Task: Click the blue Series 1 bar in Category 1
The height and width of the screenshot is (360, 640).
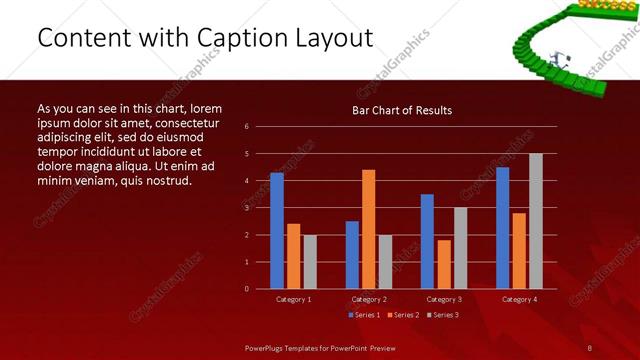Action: [276, 231]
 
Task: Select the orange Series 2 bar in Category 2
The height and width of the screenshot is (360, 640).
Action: [368, 229]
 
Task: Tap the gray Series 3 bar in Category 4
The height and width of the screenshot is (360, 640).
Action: [535, 221]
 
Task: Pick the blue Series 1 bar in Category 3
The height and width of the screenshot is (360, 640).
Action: [427, 241]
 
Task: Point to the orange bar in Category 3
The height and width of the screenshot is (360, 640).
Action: [444, 264]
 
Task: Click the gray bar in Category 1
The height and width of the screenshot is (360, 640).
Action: [310, 262]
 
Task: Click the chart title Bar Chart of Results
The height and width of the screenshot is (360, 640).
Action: [402, 110]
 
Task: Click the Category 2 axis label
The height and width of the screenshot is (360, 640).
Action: [368, 299]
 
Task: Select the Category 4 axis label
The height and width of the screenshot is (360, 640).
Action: [518, 299]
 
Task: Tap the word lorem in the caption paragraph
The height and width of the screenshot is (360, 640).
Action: [205, 108]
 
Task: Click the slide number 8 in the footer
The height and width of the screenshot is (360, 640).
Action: [590, 347]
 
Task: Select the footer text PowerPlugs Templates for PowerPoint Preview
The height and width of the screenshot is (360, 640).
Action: [320, 347]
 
